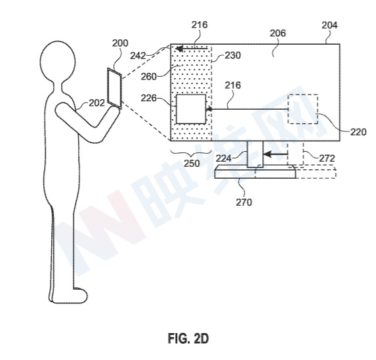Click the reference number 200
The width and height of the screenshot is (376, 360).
click(120, 43)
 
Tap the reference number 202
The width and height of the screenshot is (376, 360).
click(97, 103)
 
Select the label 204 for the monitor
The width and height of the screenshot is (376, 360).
click(329, 25)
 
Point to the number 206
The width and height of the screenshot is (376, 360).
click(278, 33)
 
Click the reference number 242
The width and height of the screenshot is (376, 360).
click(138, 56)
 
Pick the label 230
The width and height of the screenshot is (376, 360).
click(232, 55)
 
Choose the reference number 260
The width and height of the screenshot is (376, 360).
click(149, 77)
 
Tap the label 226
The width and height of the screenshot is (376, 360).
click(149, 98)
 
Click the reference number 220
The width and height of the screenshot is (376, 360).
click(358, 132)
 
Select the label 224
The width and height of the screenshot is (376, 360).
click(224, 158)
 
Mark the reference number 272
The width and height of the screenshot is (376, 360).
click(327, 158)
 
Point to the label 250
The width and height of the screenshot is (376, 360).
click(192, 164)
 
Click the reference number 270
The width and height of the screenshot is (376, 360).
click(244, 202)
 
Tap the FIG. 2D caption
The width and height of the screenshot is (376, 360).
click(188, 338)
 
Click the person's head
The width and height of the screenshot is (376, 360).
click(58, 62)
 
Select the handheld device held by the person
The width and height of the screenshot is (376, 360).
click(115, 88)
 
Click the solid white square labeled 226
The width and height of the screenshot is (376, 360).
click(191, 109)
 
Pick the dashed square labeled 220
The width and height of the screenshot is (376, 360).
click(303, 109)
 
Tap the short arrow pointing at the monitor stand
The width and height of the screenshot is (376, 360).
click(276, 154)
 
